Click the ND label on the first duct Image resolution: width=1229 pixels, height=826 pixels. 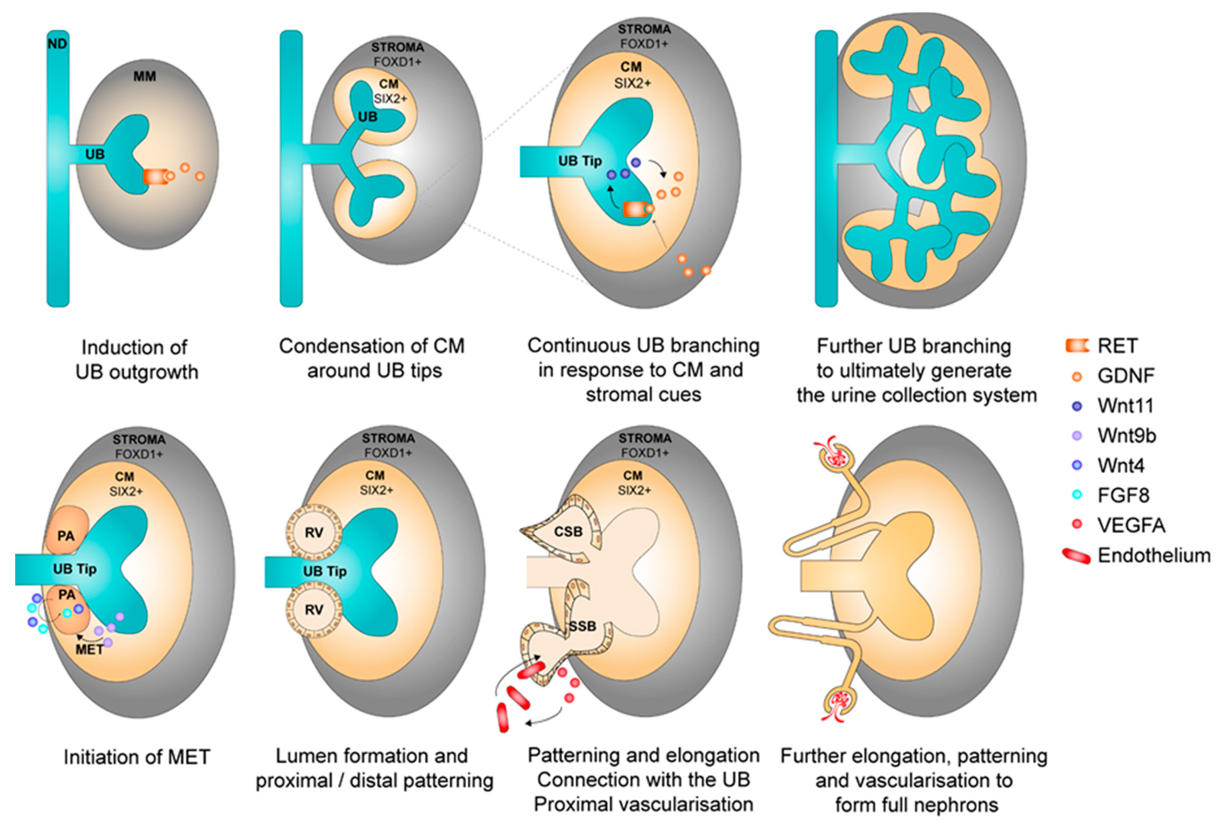(x=57, y=44)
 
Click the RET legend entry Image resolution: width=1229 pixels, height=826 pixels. (x=1116, y=346)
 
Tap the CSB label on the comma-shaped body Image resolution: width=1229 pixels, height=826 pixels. (x=568, y=532)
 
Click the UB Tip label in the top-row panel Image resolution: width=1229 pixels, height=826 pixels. (x=580, y=161)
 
